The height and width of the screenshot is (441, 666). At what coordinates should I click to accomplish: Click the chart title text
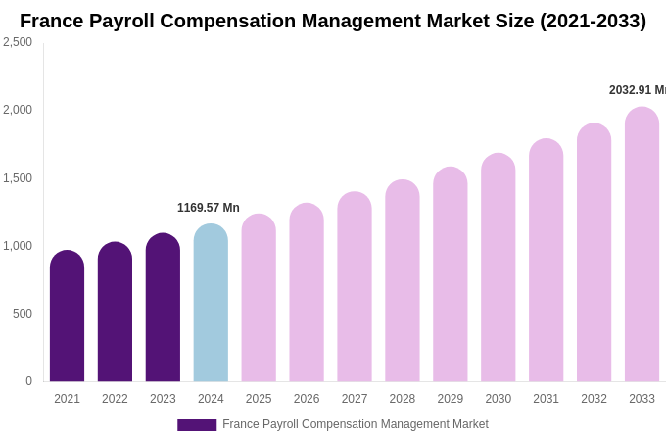click(333, 21)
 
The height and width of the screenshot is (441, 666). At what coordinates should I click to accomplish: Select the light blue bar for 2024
click(211, 303)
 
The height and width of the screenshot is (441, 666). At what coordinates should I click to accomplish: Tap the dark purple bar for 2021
click(67, 316)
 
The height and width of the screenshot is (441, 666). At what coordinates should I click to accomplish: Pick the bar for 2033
click(642, 244)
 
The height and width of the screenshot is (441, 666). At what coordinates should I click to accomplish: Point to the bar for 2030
click(498, 268)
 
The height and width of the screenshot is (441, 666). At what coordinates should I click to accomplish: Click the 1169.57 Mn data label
click(208, 208)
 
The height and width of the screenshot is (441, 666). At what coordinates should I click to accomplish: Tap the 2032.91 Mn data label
click(637, 90)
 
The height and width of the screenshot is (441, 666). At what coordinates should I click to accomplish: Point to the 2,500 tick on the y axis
click(18, 42)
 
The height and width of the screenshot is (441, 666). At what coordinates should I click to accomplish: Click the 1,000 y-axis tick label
click(18, 246)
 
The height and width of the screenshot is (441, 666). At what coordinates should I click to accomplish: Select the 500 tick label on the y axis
click(22, 314)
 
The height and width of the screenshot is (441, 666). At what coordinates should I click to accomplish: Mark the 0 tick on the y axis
click(28, 381)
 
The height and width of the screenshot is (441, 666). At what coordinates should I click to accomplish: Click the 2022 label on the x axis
click(115, 399)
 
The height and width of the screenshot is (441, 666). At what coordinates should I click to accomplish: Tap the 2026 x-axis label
click(307, 399)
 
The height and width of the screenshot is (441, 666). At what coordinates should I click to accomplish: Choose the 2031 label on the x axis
click(546, 399)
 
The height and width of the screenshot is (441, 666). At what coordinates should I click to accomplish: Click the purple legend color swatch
click(197, 425)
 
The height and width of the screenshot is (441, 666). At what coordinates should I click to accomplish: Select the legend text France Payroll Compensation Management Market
click(355, 424)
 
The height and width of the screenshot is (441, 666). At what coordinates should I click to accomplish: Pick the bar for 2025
click(259, 298)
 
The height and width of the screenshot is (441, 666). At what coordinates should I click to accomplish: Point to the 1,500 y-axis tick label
click(18, 178)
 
